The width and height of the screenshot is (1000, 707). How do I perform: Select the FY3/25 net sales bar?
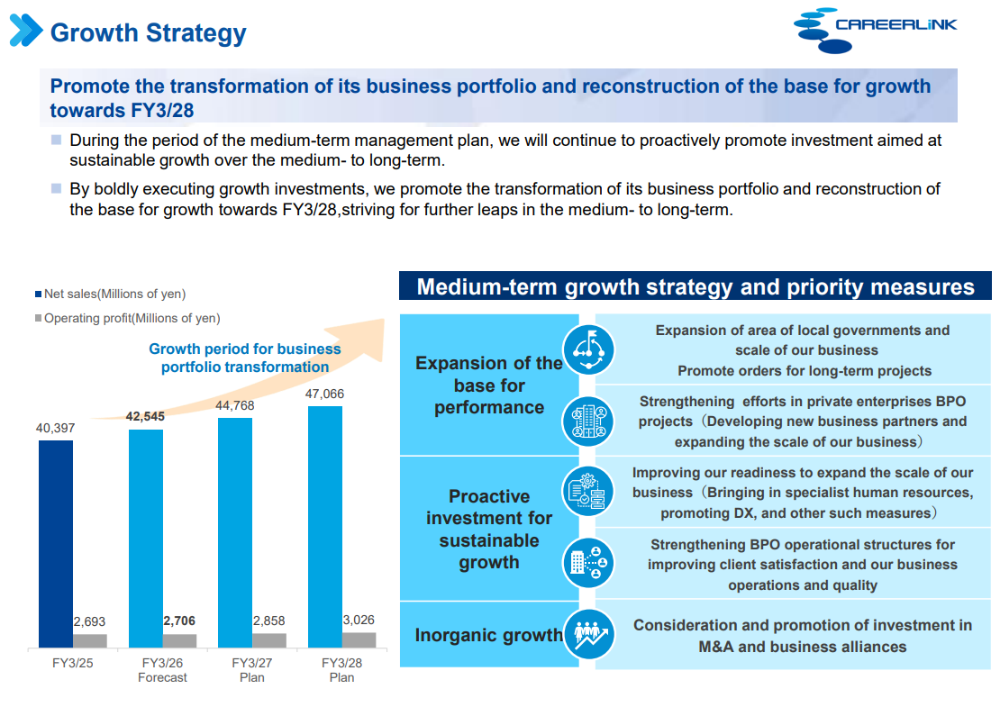pyautogui.click(x=56, y=543)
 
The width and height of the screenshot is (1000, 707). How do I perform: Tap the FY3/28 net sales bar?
pyautogui.click(x=325, y=526)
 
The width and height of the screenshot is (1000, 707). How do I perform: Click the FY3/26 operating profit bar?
pyautogui.click(x=179, y=640)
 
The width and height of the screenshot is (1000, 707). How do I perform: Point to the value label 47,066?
pyautogui.click(x=324, y=394)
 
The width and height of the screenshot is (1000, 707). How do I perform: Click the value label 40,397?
pyautogui.click(x=55, y=428)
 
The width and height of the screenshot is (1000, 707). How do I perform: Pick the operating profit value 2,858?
pyautogui.click(x=268, y=621)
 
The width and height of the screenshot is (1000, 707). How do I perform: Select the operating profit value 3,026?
pyautogui.click(x=358, y=620)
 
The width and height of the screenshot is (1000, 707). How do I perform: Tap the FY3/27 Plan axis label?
pyautogui.click(x=252, y=669)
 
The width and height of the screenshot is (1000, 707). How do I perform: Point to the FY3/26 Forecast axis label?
pyautogui.click(x=162, y=669)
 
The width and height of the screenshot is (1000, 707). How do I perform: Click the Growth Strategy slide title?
pyautogui.click(x=148, y=33)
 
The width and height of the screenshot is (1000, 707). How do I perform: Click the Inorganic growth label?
pyautogui.click(x=488, y=635)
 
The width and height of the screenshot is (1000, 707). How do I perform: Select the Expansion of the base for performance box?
pyautogui.click(x=489, y=385)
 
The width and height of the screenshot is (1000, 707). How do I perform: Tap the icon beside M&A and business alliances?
pyautogui.click(x=588, y=635)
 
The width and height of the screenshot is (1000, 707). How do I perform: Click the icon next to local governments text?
pyautogui.click(x=588, y=349)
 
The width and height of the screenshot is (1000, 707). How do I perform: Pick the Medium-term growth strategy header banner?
pyautogui.click(x=695, y=286)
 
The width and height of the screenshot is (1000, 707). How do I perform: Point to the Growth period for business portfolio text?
pyautogui.click(x=245, y=358)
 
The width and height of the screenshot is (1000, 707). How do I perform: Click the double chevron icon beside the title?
pyautogui.click(x=25, y=31)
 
